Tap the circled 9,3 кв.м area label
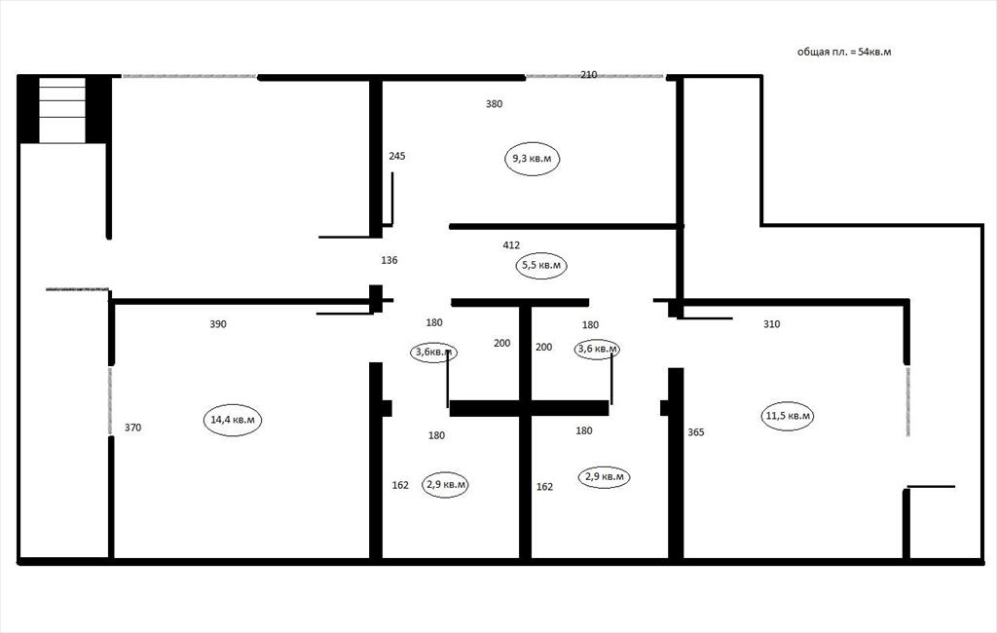(533, 159)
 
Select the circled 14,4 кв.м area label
(233, 420)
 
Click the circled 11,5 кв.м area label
(788, 416)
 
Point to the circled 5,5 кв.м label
(541, 265)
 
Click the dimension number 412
(511, 245)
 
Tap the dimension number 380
(494, 103)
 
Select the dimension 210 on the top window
(589, 74)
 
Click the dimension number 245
(397, 156)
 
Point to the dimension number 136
(389, 260)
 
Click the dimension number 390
(218, 324)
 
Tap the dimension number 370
(132, 428)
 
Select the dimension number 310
(771, 324)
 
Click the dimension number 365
(696, 432)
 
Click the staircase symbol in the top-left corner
(62, 109)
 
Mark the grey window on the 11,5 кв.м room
(907, 401)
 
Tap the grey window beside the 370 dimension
(110, 401)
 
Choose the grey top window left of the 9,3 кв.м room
(189, 76)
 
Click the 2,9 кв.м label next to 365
(604, 476)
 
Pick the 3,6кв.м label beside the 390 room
(433, 352)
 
